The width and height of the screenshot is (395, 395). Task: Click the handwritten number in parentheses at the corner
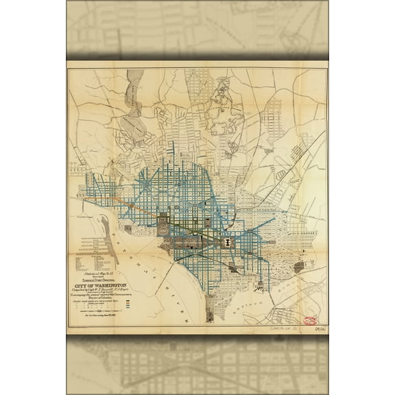[x=319, y=328]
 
